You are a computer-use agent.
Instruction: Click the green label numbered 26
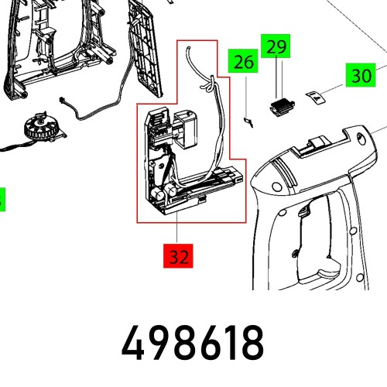(244, 61)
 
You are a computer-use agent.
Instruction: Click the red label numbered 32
(179, 255)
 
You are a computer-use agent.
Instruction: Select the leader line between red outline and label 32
(179, 231)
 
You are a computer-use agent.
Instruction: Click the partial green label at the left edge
(2, 199)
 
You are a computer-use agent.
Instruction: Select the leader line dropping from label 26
(245, 93)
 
